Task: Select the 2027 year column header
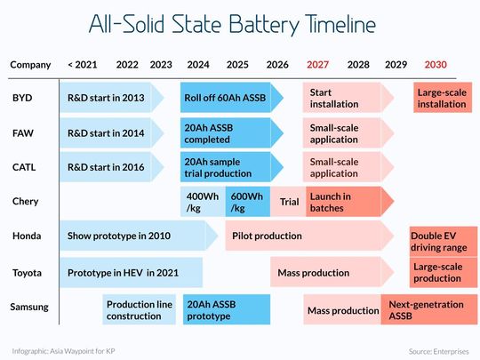[x=317, y=65]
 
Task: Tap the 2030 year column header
[x=436, y=65]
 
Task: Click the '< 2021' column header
[x=82, y=65]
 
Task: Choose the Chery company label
[x=25, y=203]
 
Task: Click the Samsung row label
[x=30, y=308]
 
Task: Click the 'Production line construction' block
[x=140, y=309]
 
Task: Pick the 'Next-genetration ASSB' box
[x=426, y=309]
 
